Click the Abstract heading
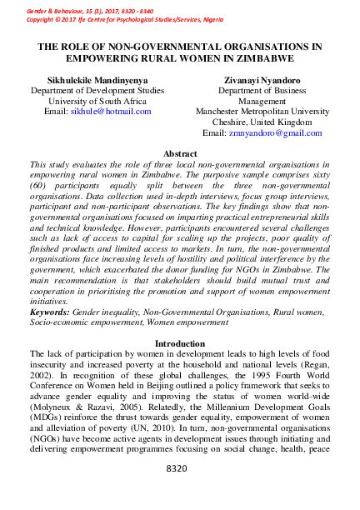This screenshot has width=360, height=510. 180,154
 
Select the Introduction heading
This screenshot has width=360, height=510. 180,343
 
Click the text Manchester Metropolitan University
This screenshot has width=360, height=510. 262,111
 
